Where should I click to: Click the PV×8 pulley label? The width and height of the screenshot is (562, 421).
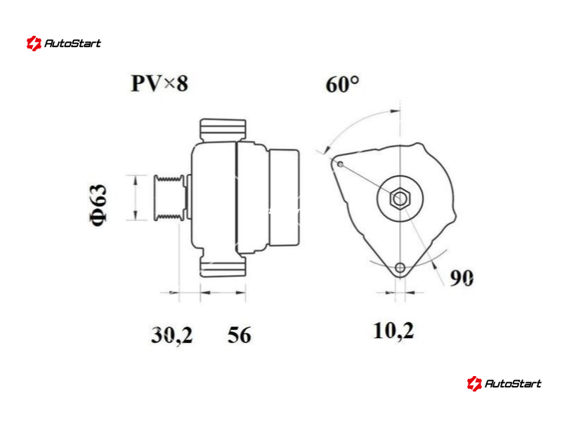pos(159,83)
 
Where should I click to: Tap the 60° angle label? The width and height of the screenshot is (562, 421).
pos(342,85)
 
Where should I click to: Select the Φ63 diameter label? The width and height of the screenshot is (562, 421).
pos(98,205)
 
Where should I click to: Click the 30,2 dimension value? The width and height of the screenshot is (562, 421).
pos(171,335)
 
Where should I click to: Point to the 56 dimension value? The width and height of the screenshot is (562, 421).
pos(239,335)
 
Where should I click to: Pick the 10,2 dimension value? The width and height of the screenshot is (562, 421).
pos(393,330)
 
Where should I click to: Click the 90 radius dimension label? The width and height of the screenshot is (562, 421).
pos(462,278)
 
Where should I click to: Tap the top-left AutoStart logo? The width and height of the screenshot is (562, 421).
pos(63,44)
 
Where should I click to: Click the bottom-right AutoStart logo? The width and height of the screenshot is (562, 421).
pos(504,383)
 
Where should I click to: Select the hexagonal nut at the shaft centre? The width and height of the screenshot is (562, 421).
pos(400,198)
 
